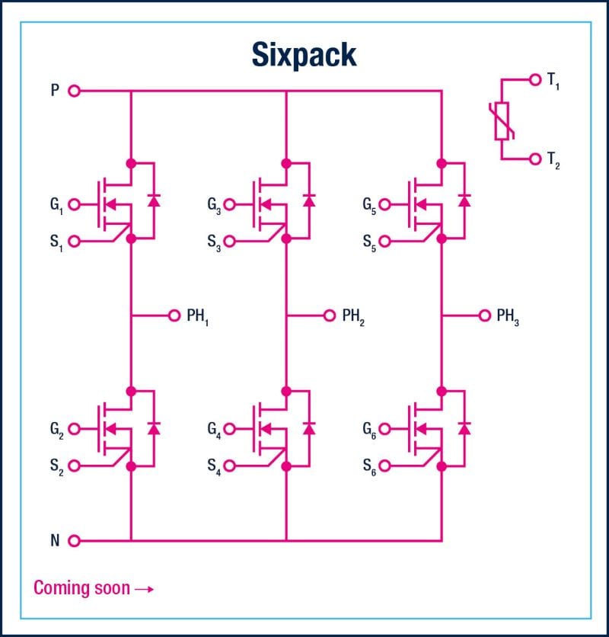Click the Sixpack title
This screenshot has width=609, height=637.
pos(304,55)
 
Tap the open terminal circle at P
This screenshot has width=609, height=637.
pos(74,91)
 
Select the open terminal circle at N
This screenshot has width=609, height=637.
pos(74,541)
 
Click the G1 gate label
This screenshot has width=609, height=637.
pos(56,204)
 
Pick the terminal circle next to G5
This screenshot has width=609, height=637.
pos(384,204)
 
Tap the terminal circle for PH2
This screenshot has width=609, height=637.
pos(329,315)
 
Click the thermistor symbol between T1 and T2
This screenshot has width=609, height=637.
pos(502,120)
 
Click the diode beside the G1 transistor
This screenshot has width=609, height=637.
pos(154,201)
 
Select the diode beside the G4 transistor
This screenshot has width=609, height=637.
pos(309,427)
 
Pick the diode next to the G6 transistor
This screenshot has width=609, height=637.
pos(464,427)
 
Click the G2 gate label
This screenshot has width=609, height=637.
pos(56,428)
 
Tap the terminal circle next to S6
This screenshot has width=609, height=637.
pos(384,466)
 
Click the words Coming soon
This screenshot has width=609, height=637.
pos(81,588)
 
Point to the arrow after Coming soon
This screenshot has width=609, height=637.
pos(144,588)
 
